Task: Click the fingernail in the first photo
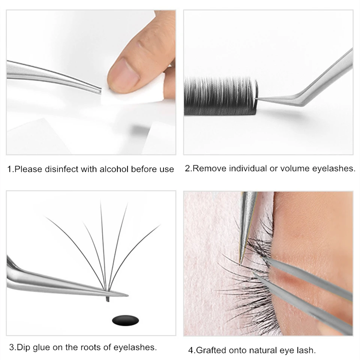pyautogui.click(x=119, y=73)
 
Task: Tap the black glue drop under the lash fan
pyautogui.click(x=125, y=320)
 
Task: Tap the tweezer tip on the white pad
pyautogui.click(x=100, y=90)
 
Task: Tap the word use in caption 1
pyautogui.click(x=167, y=169)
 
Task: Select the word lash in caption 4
pyautogui.click(x=307, y=351)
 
